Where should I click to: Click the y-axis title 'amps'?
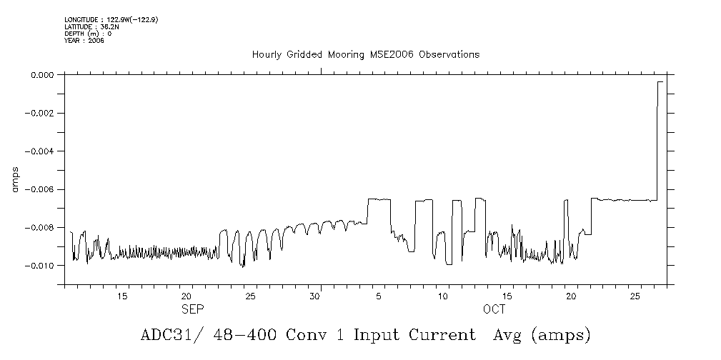(x=15, y=179)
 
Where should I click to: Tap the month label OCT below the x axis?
(x=494, y=309)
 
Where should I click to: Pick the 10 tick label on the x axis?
(x=443, y=296)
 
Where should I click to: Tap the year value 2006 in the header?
(x=96, y=41)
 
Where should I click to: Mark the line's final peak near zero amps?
(x=660, y=82)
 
